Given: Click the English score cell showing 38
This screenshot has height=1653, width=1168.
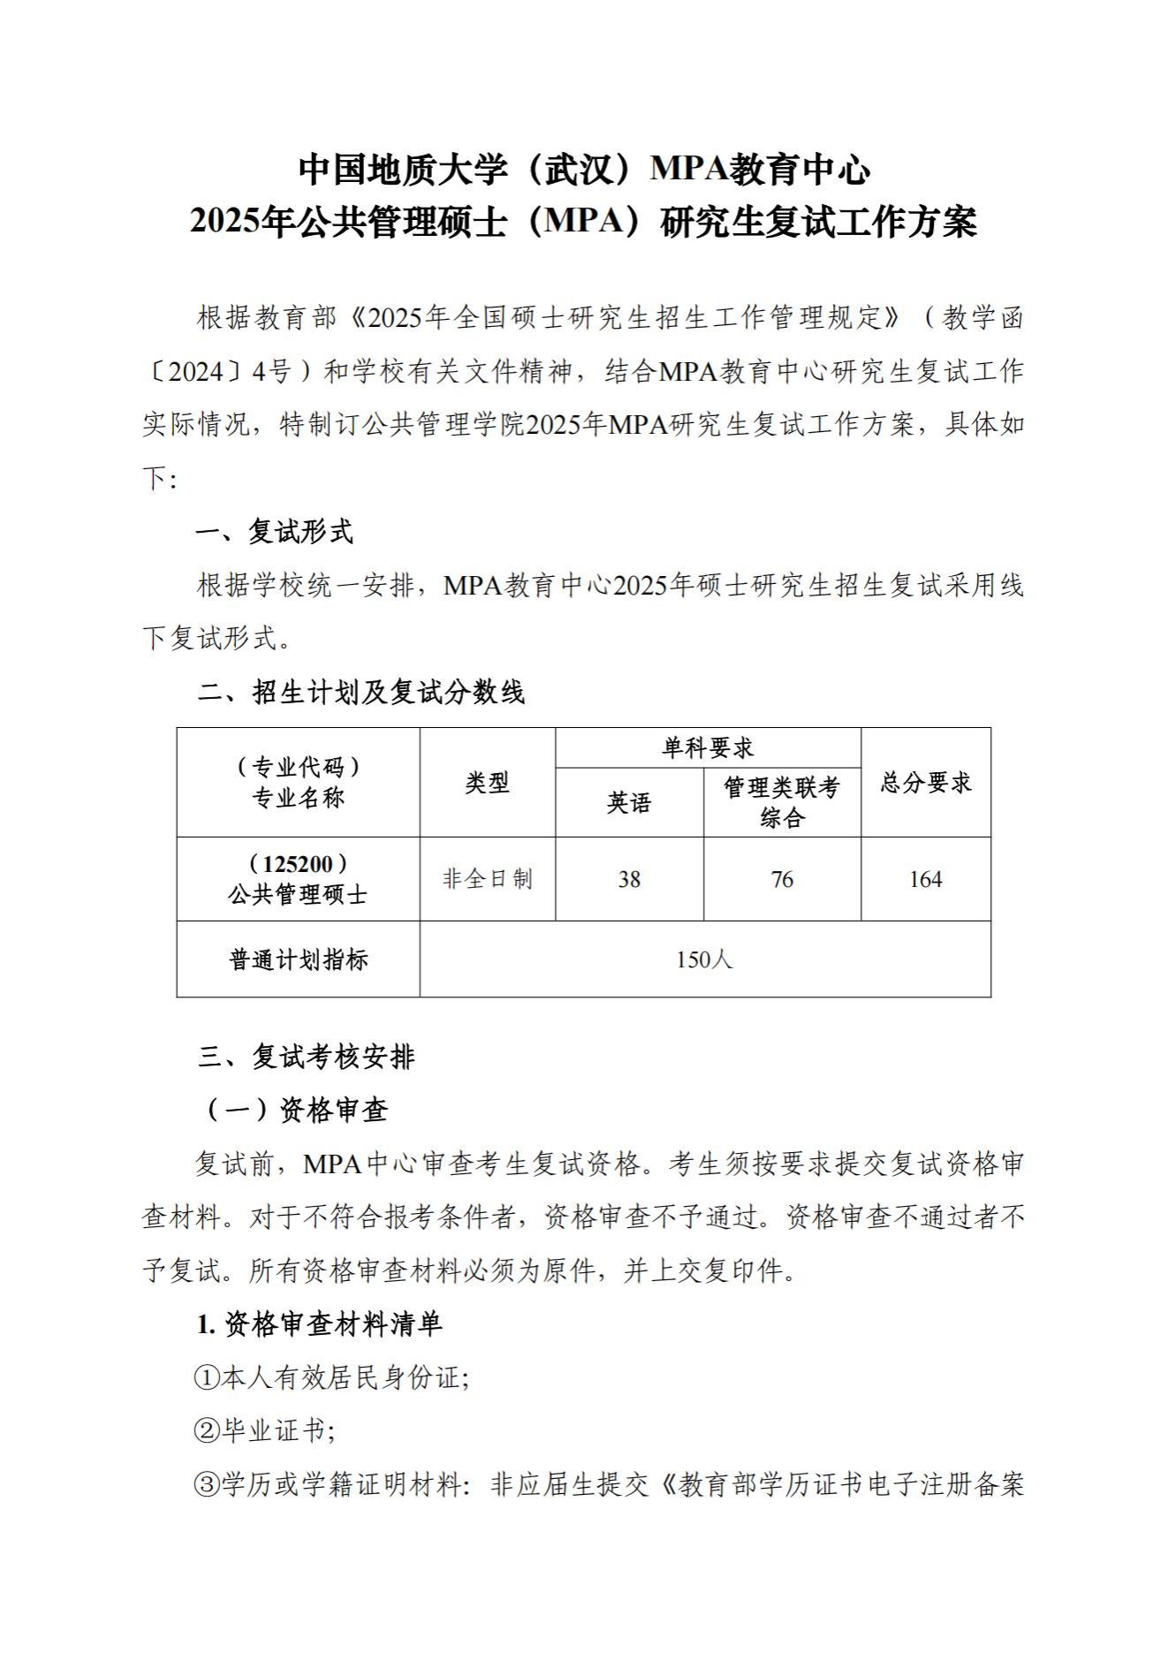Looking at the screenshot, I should (x=628, y=879).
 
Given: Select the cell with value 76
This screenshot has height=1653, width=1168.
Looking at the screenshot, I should (x=782, y=879).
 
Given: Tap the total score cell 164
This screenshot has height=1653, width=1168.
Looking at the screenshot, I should (x=925, y=879).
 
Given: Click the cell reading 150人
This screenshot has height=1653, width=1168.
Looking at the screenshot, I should (x=704, y=959).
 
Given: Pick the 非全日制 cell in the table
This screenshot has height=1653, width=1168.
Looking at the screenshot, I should (x=487, y=879).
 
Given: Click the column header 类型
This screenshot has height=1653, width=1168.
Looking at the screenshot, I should (x=487, y=782).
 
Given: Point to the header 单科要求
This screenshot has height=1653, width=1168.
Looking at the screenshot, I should (x=708, y=748).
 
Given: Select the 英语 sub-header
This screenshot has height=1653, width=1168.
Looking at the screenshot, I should (x=628, y=802).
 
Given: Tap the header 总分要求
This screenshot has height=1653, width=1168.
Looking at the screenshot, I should (x=925, y=782).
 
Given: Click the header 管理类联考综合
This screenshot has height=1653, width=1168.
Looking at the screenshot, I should (x=782, y=802).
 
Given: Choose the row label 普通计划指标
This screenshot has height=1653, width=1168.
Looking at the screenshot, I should (x=298, y=959).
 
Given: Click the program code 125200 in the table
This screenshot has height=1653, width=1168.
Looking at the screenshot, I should (x=298, y=863).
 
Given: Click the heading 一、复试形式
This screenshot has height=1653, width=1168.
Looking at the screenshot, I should (x=274, y=532).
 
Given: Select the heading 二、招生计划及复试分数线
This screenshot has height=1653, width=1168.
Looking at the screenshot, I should (x=360, y=692).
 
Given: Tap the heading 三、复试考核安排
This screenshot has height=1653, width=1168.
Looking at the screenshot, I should (x=306, y=1057).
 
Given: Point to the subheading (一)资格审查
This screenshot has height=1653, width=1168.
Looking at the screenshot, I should (x=296, y=1111).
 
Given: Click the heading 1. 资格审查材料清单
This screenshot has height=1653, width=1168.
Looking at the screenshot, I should (x=319, y=1323).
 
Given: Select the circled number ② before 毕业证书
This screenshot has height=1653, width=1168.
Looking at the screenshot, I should (x=206, y=1431).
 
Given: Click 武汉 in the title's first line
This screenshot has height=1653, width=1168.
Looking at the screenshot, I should (x=578, y=170).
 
